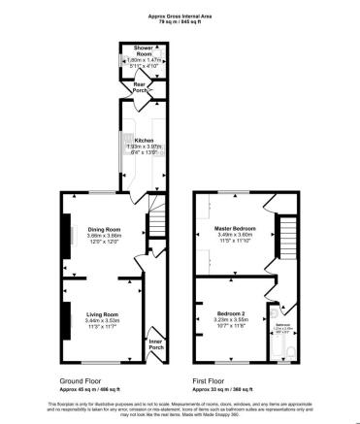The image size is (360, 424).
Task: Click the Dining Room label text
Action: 104,229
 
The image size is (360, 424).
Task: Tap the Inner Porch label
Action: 155,343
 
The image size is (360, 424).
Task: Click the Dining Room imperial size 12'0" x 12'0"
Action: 104,242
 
